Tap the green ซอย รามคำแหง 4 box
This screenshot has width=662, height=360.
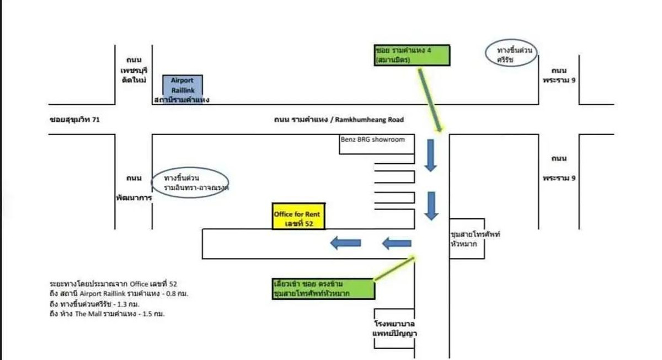click(412, 55)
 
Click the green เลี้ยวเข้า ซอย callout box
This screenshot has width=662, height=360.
click(323, 289)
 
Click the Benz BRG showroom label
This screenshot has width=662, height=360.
click(373, 139)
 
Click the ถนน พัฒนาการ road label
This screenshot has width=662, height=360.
click(134, 187)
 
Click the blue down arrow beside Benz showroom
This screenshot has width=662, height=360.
click(431, 155)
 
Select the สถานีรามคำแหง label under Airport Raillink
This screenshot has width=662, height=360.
click(182, 100)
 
